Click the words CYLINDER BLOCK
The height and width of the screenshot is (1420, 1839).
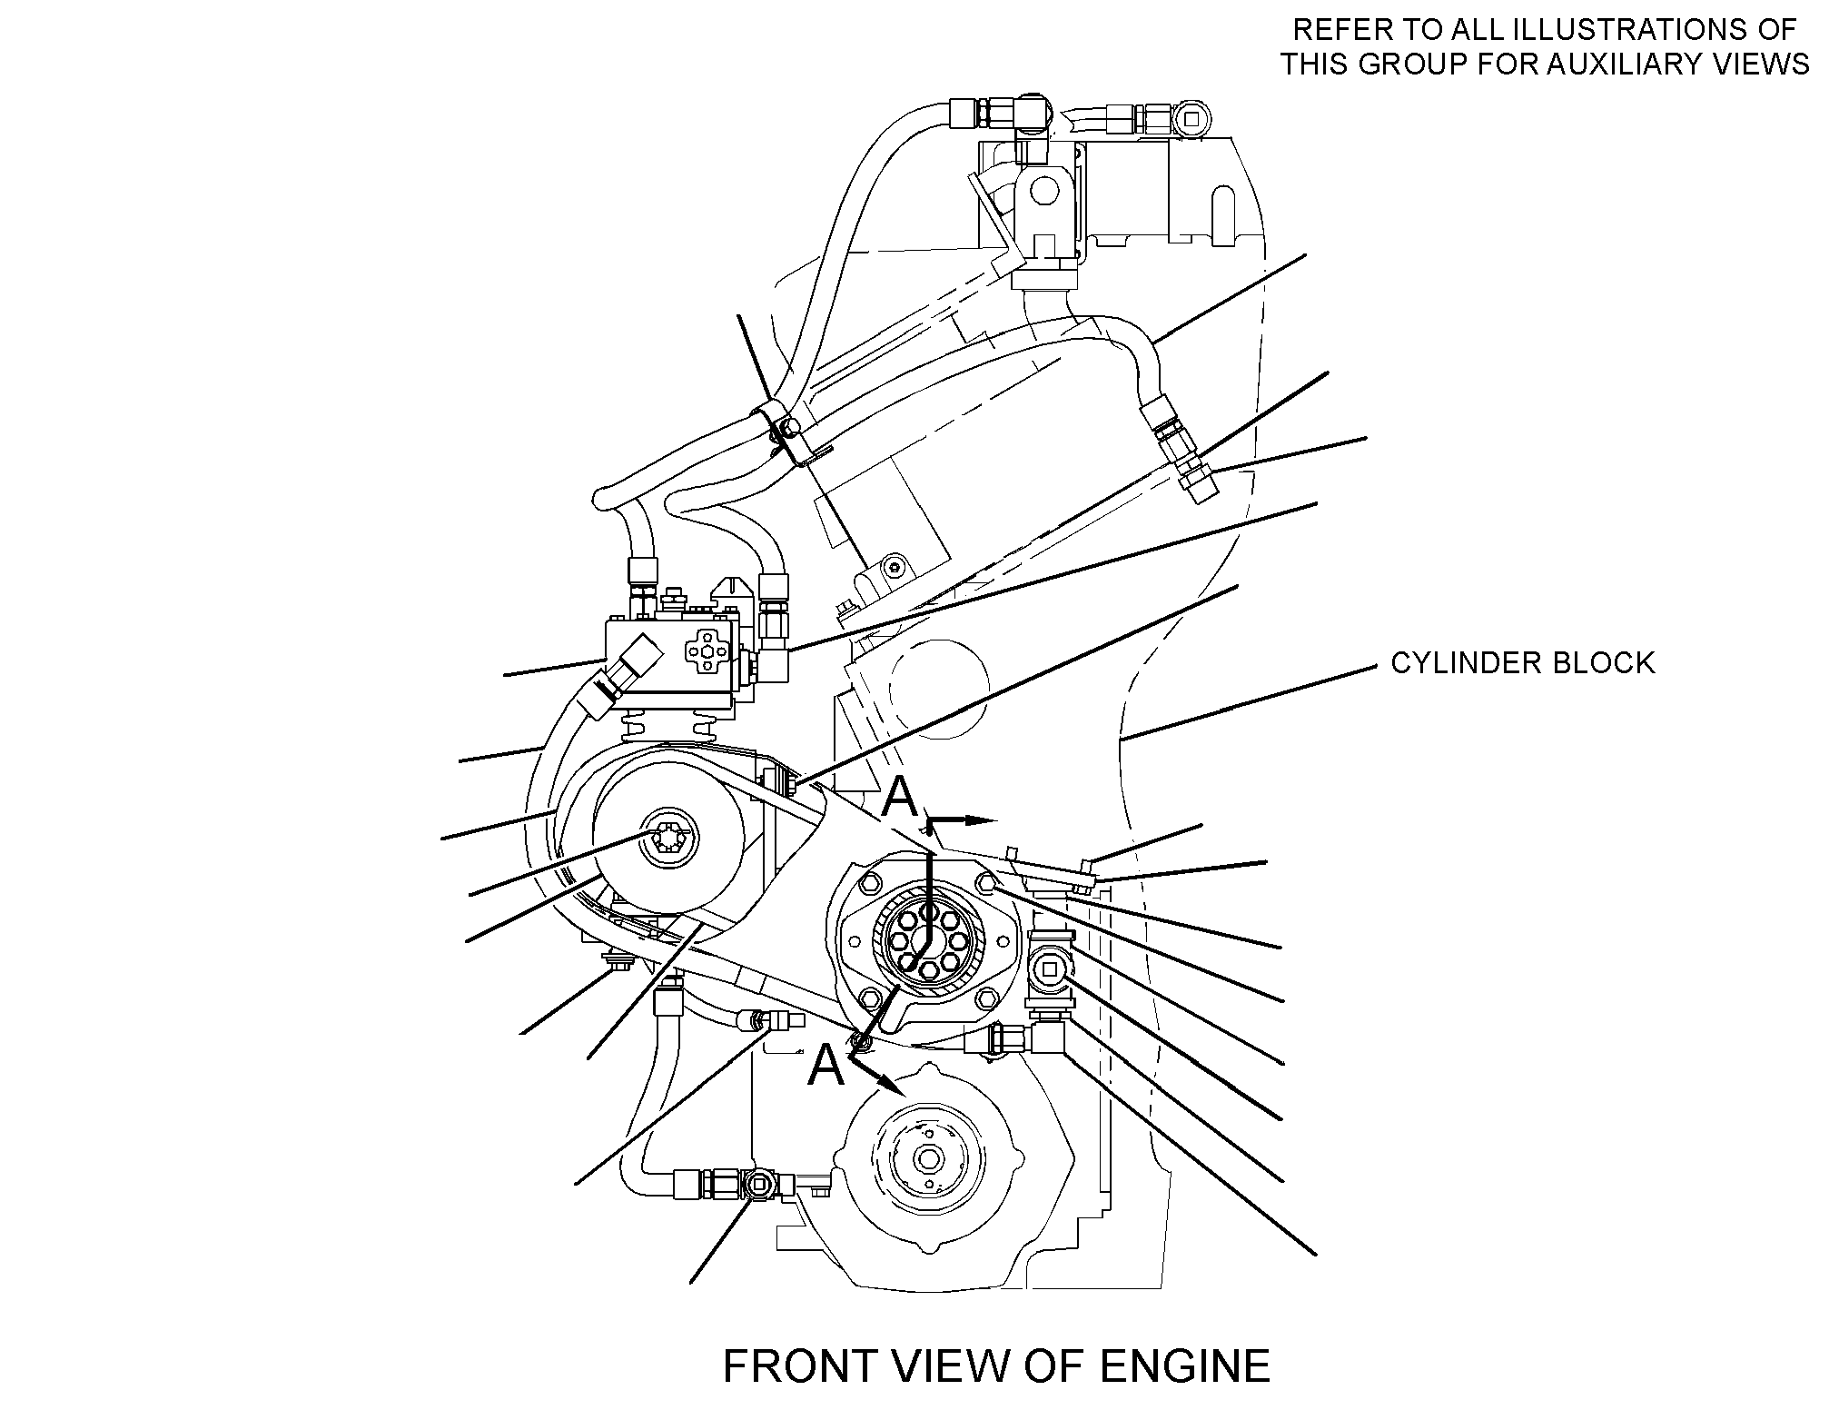pyautogui.click(x=1523, y=663)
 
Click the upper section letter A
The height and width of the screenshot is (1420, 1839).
pyautogui.click(x=901, y=797)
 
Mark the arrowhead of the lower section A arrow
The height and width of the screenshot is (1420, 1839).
pyautogui.click(x=891, y=1083)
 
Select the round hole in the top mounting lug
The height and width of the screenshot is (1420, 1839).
pyautogui.click(x=1044, y=190)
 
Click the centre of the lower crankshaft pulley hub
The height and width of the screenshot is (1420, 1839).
pyautogui.click(x=928, y=1160)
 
